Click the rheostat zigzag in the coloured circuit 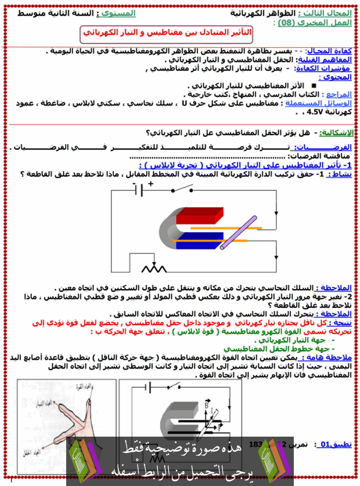[x=154, y=268]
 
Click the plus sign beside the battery [x=150, y=183]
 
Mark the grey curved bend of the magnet [x=169, y=228]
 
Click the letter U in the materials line [x=183, y=103]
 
